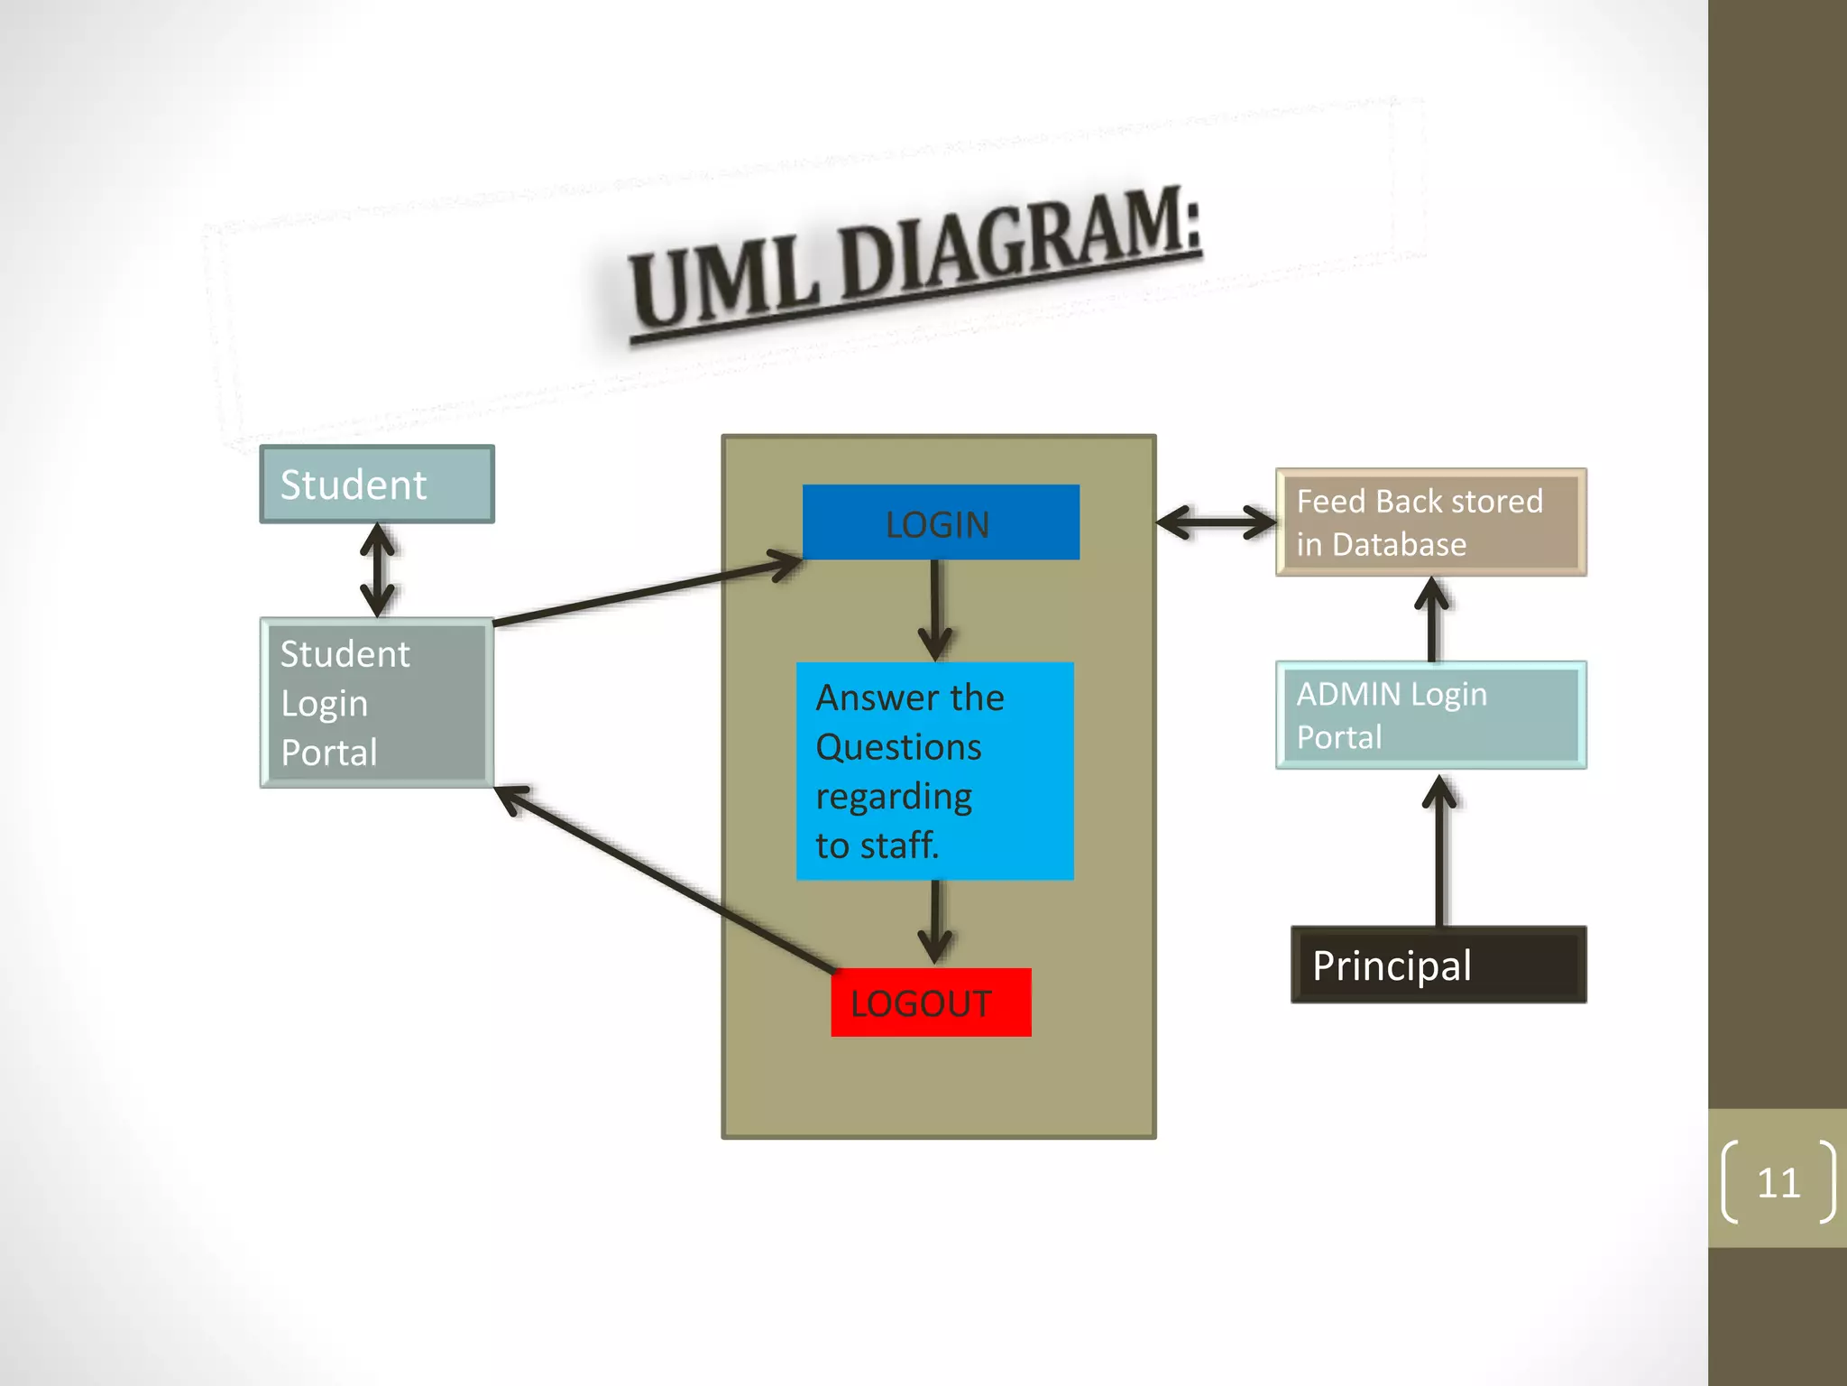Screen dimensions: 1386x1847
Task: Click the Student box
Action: click(x=377, y=485)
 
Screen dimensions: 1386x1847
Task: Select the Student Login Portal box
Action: click(x=377, y=703)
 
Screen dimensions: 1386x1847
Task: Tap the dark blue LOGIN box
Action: click(x=941, y=523)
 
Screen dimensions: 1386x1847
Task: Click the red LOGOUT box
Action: click(x=931, y=1003)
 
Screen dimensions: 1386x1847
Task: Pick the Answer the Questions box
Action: click(x=934, y=772)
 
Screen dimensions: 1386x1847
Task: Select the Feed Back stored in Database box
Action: click(x=1431, y=522)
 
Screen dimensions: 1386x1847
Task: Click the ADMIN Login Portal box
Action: click(x=1431, y=716)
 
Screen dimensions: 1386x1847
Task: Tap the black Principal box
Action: click(x=1438, y=965)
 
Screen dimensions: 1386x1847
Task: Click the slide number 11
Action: click(x=1778, y=1183)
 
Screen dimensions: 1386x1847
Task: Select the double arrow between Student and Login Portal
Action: click(x=377, y=571)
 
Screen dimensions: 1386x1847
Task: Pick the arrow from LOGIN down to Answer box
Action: click(x=935, y=610)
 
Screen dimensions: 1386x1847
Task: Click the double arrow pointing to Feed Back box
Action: click(x=1216, y=522)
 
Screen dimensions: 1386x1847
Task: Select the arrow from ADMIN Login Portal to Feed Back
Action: click(x=1432, y=620)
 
